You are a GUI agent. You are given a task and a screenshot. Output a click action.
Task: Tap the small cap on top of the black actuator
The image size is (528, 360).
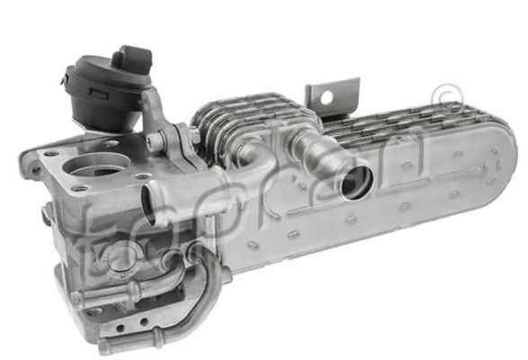tap(132, 60)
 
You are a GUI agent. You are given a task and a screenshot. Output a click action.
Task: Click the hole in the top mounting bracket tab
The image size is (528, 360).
tap(326, 98)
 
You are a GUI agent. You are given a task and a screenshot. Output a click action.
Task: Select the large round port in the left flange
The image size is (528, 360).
tap(96, 166)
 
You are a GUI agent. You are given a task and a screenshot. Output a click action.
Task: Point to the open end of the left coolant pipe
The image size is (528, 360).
tap(148, 205)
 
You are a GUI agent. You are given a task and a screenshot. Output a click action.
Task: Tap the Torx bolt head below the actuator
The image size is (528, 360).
tap(155, 139)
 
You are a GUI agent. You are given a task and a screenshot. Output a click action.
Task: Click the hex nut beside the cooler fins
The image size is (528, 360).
tap(194, 133)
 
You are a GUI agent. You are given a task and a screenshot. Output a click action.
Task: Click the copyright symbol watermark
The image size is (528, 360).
tap(449, 95)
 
